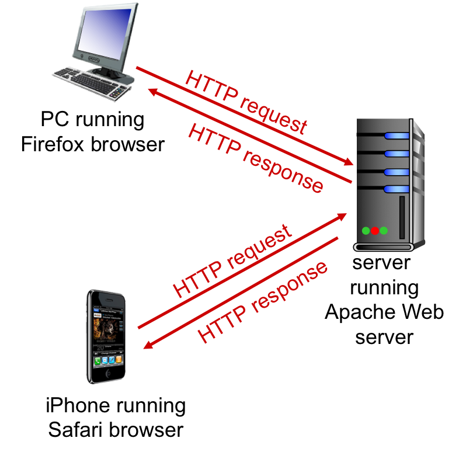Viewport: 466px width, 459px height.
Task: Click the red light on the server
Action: click(374, 231)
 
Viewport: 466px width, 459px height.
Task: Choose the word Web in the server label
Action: click(422, 312)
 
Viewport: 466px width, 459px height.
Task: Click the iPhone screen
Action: click(107, 336)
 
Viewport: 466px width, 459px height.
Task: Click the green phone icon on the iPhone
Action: click(98, 359)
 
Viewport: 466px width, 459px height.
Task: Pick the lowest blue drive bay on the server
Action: click(395, 189)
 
